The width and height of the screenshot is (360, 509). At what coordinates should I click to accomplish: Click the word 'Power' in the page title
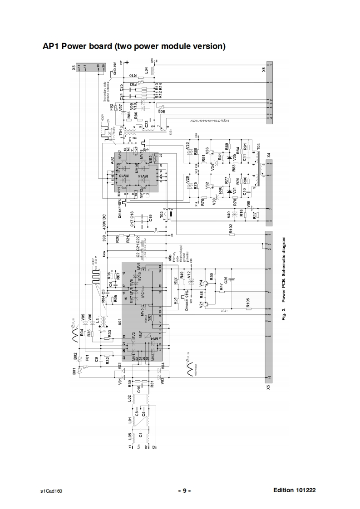[x=80, y=46]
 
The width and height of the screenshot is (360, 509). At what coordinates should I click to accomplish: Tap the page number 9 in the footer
[x=184, y=490]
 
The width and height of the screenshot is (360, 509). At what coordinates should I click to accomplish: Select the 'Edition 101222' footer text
[x=295, y=490]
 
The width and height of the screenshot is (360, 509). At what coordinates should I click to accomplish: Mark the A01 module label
[x=118, y=323]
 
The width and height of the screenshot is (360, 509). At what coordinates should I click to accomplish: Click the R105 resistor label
[x=248, y=302]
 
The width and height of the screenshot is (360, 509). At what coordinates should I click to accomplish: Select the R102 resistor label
[x=230, y=228]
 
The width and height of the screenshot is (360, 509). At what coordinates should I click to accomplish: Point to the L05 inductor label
[x=130, y=438]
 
